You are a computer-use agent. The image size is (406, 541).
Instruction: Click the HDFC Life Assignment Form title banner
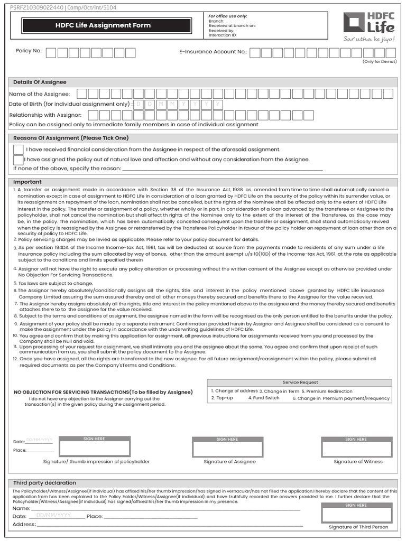(103, 25)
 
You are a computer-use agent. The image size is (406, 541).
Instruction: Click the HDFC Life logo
(368, 24)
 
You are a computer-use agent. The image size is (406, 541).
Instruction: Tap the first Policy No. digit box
(52, 52)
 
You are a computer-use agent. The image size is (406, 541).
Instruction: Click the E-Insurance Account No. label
(213, 52)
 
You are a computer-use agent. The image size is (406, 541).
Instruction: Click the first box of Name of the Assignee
(82, 94)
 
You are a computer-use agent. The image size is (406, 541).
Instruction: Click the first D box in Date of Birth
(139, 105)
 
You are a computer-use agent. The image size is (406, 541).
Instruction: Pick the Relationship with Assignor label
(45, 115)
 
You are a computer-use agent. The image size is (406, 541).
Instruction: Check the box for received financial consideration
(19, 150)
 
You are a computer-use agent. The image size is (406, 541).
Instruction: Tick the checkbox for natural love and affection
(19, 160)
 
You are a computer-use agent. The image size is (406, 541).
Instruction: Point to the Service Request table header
(300, 383)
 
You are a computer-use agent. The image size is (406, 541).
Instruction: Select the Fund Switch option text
(264, 398)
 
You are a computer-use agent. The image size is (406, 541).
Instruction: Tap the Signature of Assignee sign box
(228, 449)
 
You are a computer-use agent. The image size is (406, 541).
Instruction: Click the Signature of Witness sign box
(357, 449)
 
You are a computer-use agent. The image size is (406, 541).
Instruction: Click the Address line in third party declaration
(159, 525)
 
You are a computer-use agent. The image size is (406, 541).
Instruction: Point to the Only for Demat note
(379, 62)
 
